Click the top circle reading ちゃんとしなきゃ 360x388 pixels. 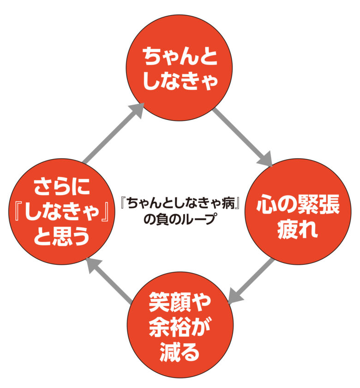point(180,69)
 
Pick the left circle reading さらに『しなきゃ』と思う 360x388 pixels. point(62,213)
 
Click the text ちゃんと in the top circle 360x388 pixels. point(180,57)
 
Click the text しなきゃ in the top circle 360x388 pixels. point(180,82)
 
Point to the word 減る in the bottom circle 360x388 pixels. point(180,353)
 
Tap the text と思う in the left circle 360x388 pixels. point(62,238)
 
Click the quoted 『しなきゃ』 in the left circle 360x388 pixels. point(62,213)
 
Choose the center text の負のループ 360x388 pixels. point(180,220)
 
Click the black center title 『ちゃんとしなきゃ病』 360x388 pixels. point(180,203)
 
